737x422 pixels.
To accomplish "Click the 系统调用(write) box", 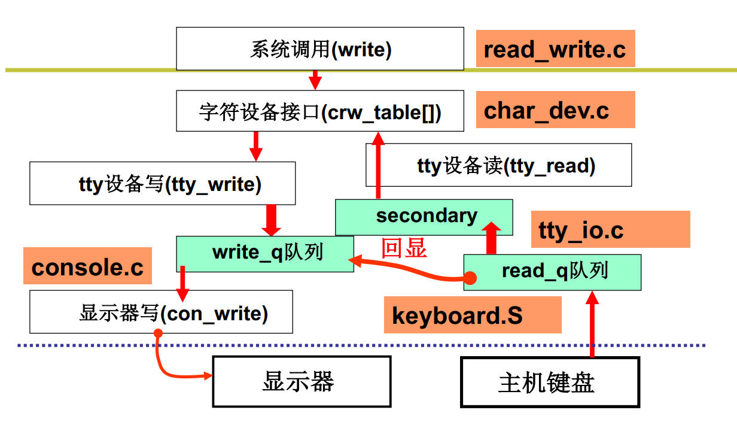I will tap(319, 48).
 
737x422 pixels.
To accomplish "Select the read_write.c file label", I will tap(555, 49).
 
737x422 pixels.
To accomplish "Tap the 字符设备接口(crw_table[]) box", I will tap(319, 111).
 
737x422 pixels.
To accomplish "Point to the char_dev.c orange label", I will tap(555, 110).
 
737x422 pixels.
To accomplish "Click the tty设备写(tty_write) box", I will tap(162, 183).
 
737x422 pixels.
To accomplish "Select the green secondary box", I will tap(424, 217).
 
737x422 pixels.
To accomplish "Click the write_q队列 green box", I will tap(264, 253).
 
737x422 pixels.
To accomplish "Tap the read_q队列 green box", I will tap(552, 272).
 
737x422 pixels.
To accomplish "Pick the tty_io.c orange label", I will tap(610, 230).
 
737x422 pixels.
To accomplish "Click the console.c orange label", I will tap(87, 267).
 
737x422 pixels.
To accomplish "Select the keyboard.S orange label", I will tap(473, 315).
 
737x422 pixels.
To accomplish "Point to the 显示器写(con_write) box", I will tap(161, 312).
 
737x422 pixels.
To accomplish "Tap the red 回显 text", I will tap(404, 247).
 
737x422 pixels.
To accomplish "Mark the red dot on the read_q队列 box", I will tap(470, 278).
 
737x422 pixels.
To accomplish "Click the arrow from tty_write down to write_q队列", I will tap(272, 220).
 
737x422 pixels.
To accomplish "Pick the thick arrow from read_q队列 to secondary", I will tap(492, 238).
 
